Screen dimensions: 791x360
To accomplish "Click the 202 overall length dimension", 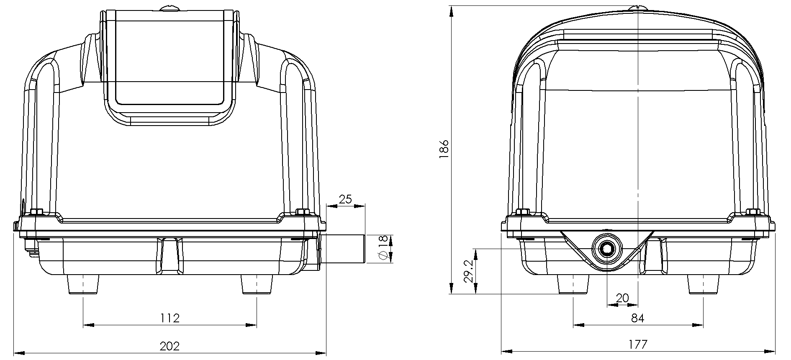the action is (170, 346).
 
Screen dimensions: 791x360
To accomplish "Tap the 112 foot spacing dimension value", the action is (170, 318).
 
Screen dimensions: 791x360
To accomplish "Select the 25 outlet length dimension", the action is (345, 199).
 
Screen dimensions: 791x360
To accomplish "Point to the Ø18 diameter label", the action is (382, 248).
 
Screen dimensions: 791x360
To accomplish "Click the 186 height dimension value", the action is (444, 149).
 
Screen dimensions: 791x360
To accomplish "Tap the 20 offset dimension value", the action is (623, 298).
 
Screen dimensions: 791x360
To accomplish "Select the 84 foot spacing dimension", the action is (637, 318).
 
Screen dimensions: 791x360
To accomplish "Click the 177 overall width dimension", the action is (638, 345).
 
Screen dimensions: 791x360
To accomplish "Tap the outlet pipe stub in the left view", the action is (343, 248).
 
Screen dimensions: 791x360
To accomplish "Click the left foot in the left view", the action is (83, 285).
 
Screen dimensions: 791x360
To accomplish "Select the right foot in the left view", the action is (257, 285).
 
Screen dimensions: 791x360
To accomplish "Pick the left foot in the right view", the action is (573, 285).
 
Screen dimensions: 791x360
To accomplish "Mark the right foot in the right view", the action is (703, 285).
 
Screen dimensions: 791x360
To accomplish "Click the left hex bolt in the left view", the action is (36, 211).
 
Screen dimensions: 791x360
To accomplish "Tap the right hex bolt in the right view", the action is (752, 212).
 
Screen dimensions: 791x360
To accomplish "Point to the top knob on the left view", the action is (169, 8).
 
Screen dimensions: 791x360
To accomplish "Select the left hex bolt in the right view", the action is (523, 212).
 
